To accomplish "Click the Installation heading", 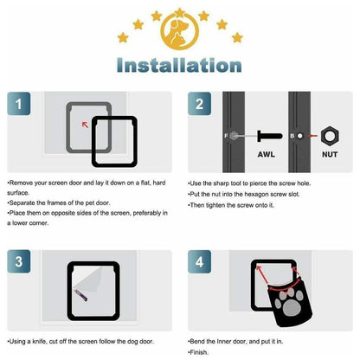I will click(x=180, y=65).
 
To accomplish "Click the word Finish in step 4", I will click(x=201, y=354).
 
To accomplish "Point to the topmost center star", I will click(x=179, y=11).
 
